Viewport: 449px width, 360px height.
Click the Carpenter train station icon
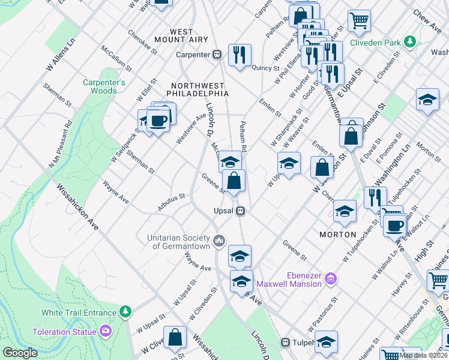pyautogui.click(x=217, y=55)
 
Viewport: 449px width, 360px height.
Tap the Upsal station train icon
pyautogui.click(x=240, y=211)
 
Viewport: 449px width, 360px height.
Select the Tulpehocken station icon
pyautogui.click(x=286, y=343)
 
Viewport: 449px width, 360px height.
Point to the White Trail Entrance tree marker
pyautogui.click(x=125, y=312)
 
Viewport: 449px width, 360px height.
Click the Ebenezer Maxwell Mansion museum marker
pyautogui.click(x=330, y=278)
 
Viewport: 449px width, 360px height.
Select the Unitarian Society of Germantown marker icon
pyautogui.click(x=219, y=241)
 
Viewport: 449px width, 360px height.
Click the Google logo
pyautogui.click(x=20, y=353)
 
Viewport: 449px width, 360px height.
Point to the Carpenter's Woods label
pyautogui.click(x=104, y=86)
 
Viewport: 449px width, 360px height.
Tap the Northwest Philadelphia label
pyautogui.click(x=199, y=89)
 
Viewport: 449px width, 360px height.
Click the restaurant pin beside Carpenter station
pyautogui.click(x=240, y=55)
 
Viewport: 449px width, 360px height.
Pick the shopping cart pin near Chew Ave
pyautogui.click(x=359, y=22)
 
